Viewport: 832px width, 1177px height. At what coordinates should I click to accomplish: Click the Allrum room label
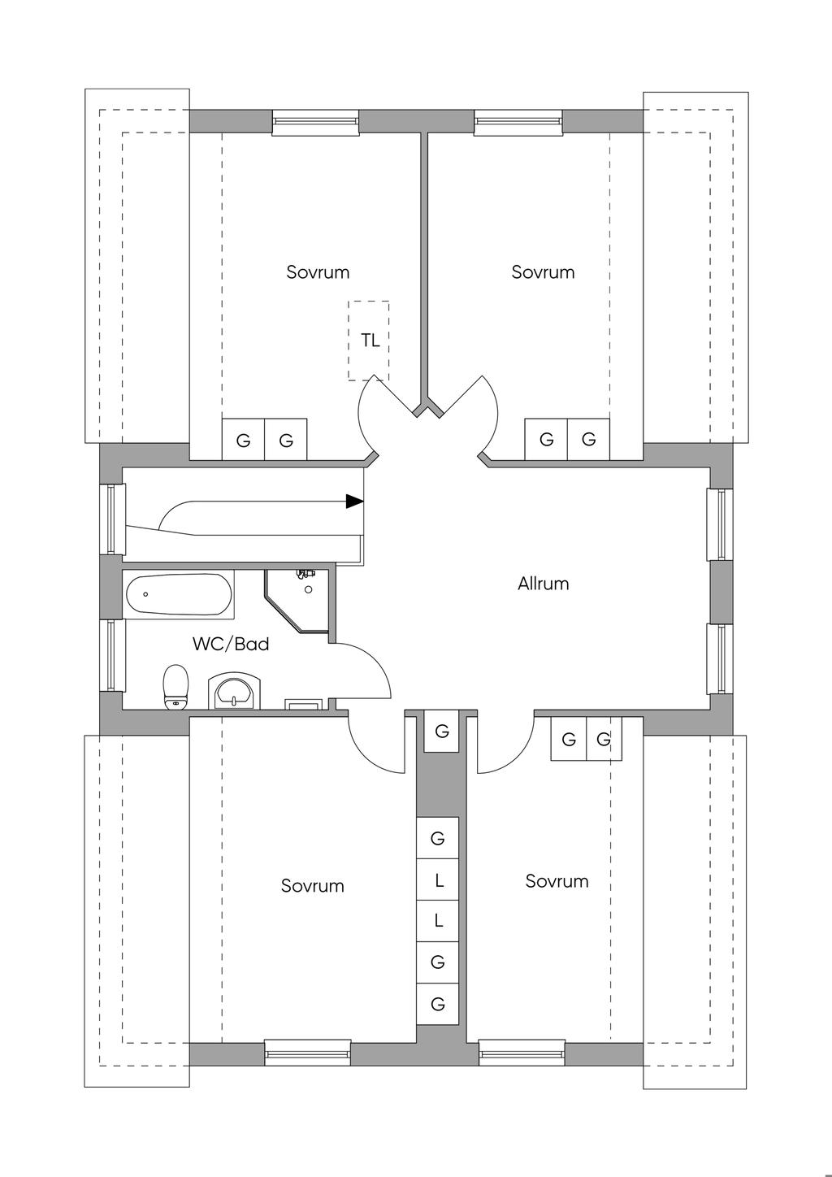pos(543,584)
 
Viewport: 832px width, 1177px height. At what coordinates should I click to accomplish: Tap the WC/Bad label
pos(231,644)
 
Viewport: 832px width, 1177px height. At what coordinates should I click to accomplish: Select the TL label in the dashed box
pos(370,341)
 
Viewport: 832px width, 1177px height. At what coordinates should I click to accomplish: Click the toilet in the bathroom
pos(176,687)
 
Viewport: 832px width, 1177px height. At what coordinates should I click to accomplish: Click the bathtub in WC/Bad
pos(179,594)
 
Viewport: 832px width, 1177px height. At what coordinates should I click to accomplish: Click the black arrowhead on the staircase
pos(354,502)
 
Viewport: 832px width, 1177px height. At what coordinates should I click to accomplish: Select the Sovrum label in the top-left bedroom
pos(318,272)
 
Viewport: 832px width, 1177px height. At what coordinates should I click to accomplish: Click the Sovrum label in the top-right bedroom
pos(543,272)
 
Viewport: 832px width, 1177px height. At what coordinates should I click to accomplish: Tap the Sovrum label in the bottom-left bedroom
pos(313,886)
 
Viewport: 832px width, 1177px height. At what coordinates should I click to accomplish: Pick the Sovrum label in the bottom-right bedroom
pos(557,881)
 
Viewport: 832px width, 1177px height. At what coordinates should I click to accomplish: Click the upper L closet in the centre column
pos(438,879)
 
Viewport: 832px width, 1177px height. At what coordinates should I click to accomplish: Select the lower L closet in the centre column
pos(438,921)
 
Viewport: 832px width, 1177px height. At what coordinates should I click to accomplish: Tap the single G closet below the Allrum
pos(442,731)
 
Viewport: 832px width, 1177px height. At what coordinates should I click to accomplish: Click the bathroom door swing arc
pos(379,663)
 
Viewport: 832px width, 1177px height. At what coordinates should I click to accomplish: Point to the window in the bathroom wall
pos(112,655)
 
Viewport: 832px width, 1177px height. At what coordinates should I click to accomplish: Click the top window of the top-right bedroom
pos(518,122)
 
